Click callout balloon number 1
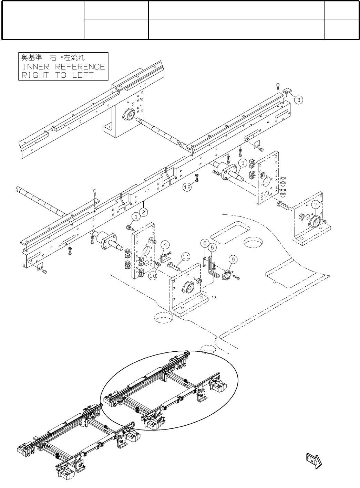click(136, 216)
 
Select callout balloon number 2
click(145, 212)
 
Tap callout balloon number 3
click(299, 100)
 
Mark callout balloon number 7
click(316, 204)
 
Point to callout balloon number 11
click(186, 256)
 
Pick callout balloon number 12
click(187, 187)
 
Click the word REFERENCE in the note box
click(80, 66)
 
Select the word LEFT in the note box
click(83, 75)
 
